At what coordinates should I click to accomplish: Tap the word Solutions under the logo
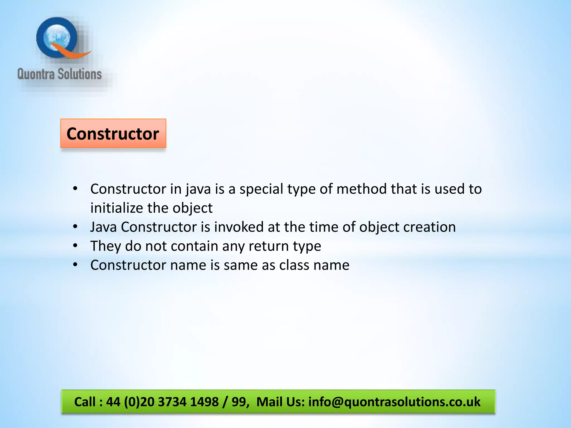coord(80,74)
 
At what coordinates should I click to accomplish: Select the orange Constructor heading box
coord(113,133)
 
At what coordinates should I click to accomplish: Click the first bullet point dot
coord(75,189)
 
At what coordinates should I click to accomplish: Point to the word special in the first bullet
coord(261,189)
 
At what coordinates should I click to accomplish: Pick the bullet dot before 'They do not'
coord(75,246)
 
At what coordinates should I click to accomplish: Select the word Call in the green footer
coord(85,402)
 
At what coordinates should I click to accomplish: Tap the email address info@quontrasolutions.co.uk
coord(394,402)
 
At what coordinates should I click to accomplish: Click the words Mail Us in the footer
coord(280,402)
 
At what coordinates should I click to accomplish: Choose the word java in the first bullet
coord(198,189)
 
